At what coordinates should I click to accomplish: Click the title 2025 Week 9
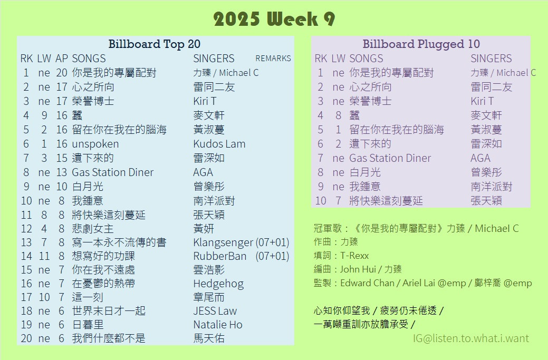274,18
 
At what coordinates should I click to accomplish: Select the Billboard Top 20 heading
155,44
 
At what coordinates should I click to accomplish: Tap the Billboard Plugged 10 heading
421,44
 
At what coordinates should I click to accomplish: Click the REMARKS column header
273,59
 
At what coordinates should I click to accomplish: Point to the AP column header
62,59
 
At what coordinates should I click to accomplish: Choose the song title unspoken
95,144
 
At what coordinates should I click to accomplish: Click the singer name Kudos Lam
219,144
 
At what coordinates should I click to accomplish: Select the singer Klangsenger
223,242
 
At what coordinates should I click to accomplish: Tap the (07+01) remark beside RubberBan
272,256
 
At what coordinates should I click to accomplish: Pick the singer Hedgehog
218,284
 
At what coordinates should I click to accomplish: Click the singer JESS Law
215,311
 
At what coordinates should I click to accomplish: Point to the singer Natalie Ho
218,325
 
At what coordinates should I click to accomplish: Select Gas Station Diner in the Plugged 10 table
390,158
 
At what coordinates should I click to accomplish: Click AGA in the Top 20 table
203,172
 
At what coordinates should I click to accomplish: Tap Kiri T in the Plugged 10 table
482,101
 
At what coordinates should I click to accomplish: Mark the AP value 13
62,172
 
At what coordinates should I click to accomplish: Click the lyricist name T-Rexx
354,256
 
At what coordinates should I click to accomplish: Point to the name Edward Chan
367,283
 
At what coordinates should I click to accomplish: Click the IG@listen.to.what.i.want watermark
471,338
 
